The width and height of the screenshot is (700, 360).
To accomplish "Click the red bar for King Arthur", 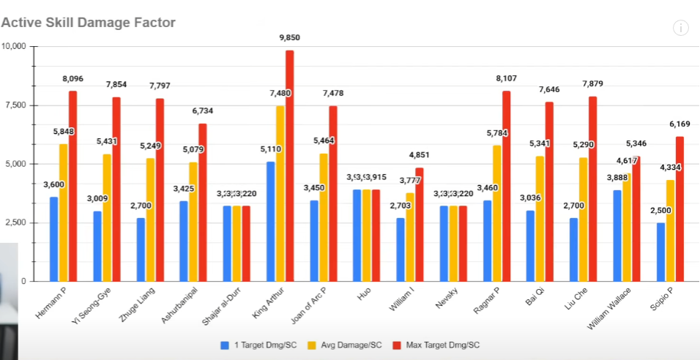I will (x=290, y=165).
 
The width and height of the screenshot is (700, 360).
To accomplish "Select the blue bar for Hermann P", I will (x=54, y=239).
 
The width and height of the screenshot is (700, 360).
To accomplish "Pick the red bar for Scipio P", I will (x=679, y=209).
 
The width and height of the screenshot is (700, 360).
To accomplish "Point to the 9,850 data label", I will (x=290, y=38).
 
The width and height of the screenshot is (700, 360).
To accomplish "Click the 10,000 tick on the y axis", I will (x=15, y=46).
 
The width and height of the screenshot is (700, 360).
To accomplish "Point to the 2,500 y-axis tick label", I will (x=16, y=222).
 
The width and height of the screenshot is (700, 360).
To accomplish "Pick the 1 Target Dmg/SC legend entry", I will (x=263, y=344).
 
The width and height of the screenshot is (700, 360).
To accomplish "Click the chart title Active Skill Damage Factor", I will (x=89, y=23).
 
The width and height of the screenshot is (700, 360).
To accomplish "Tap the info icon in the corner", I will (x=681, y=28).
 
